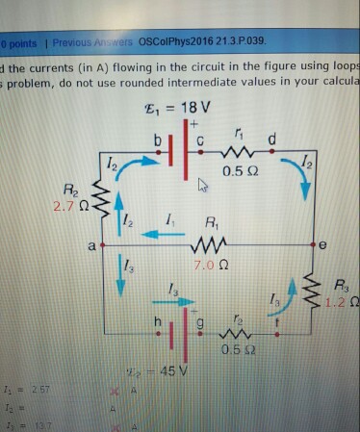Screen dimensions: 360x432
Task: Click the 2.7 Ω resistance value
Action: click(68, 203)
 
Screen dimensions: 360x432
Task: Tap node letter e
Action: click(323, 247)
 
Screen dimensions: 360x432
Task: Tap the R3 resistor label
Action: click(342, 284)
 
